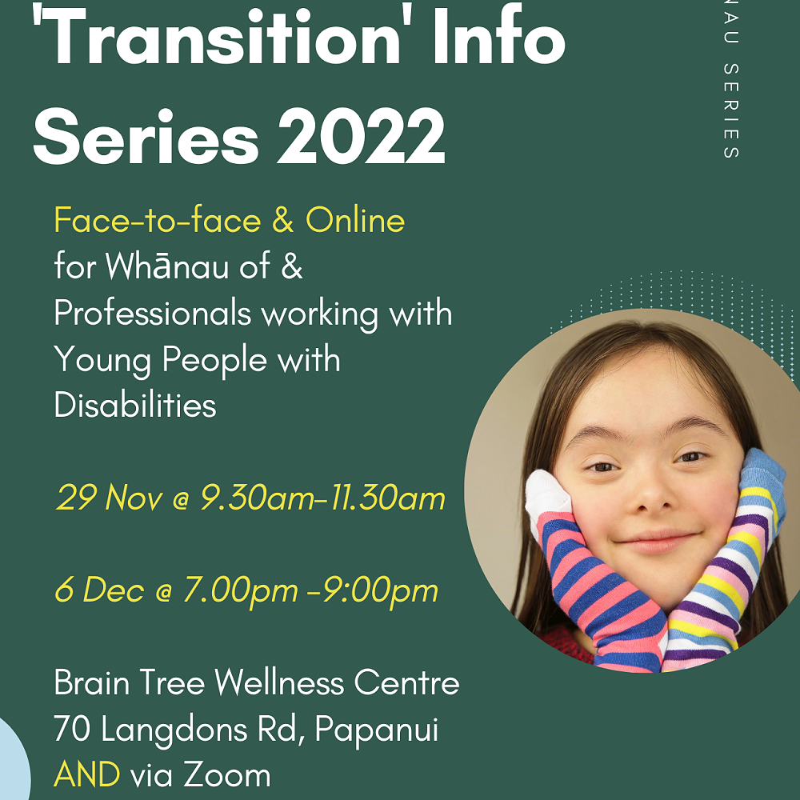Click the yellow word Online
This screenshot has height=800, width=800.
click(355, 222)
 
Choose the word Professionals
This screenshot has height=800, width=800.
click(152, 313)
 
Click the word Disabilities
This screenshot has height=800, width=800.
click(135, 406)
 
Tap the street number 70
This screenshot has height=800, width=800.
click(72, 730)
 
